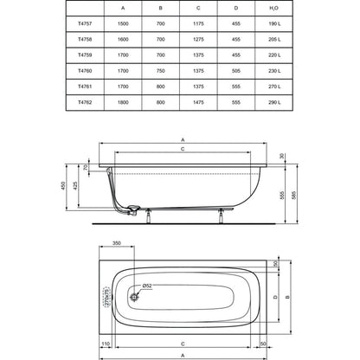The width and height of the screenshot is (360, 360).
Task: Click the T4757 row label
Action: pos(85,23)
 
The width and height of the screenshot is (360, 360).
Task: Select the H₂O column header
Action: pos(273,8)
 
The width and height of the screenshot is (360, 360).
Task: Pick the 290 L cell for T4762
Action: pos(274,102)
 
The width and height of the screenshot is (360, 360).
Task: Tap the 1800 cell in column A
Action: pos(123,102)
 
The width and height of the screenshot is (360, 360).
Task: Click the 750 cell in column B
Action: pos(161,71)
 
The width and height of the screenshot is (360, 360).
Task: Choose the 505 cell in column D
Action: pos(236,71)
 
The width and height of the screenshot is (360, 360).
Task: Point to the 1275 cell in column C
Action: pos(198,39)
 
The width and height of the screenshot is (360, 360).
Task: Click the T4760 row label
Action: pos(85,71)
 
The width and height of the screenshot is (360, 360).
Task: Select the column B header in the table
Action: pos(161,8)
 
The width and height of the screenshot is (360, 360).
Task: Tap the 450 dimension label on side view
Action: pos(63,185)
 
